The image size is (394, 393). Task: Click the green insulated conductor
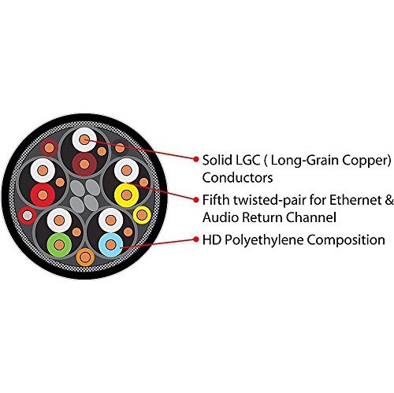59,245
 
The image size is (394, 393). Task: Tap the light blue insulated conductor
111,245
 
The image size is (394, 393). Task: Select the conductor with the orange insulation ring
85,257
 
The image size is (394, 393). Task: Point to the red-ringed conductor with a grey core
28,216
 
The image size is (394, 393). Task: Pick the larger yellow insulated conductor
127,195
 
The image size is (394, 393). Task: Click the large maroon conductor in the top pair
84,165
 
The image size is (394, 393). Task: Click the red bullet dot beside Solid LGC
195,159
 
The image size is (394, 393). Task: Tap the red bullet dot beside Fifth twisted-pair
195,200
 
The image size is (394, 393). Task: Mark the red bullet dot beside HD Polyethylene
195,239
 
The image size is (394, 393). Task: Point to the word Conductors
237,178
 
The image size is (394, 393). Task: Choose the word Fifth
215,200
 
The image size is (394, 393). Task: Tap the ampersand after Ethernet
390,200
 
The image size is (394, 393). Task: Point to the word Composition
346,240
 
